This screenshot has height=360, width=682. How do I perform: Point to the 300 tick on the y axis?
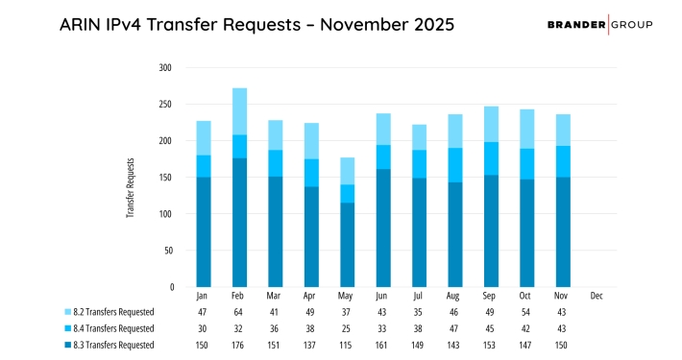(164, 68)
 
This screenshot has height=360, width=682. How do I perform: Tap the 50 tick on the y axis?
(167, 251)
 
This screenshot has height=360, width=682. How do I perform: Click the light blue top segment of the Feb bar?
(239, 111)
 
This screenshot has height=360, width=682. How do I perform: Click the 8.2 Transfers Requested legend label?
(114, 312)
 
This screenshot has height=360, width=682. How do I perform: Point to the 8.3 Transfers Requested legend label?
(114, 345)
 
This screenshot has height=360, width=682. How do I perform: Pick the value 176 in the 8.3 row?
(240, 345)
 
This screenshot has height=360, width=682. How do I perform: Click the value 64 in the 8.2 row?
(240, 312)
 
